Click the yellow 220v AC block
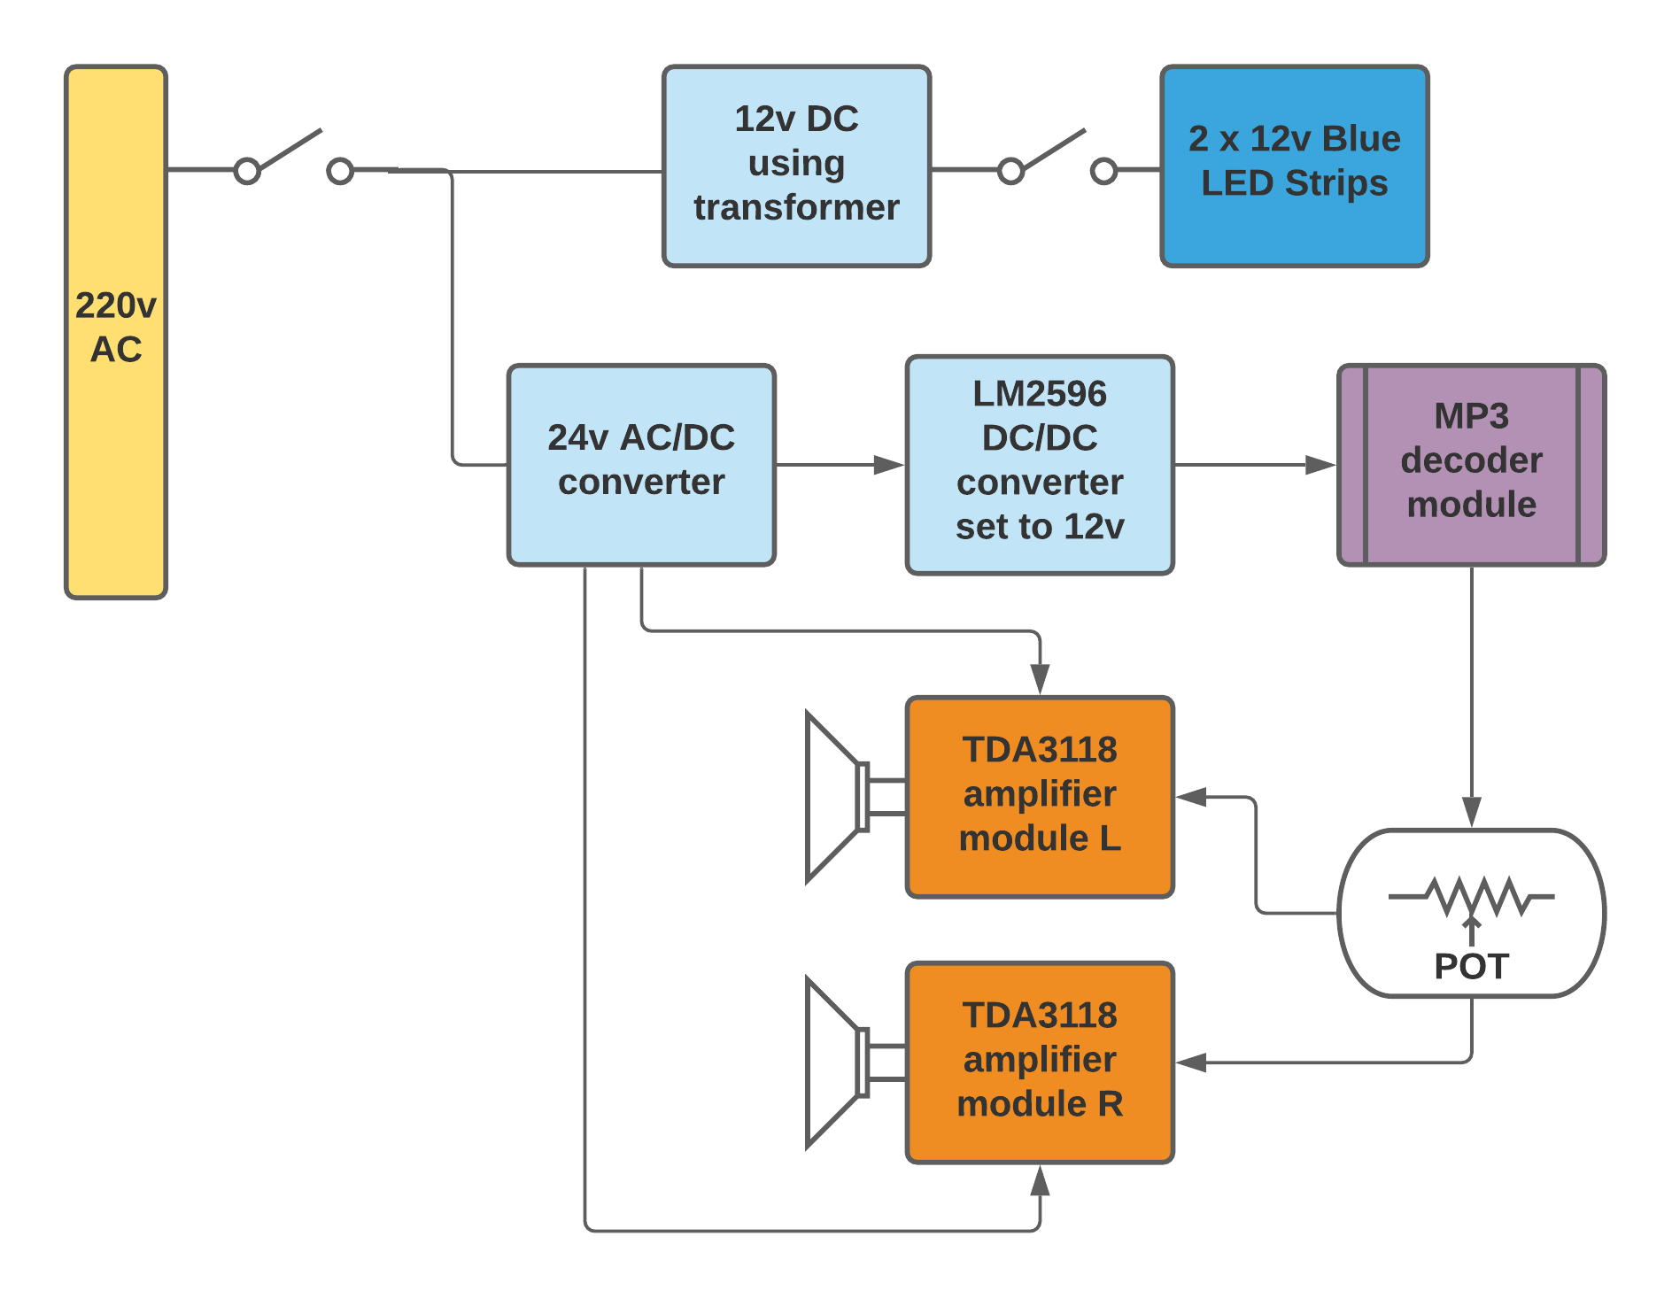[116, 332]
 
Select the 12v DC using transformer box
[796, 166]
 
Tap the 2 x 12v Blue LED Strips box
[1294, 166]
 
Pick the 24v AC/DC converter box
[641, 465]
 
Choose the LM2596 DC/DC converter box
[1040, 465]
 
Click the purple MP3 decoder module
[1471, 465]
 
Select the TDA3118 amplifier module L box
[1040, 797]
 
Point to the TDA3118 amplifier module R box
[1040, 1062]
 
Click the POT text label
[1471, 966]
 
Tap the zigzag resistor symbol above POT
[1471, 897]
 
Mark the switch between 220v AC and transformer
[293, 159]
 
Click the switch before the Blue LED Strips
[1057, 159]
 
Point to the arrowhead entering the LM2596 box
[888, 465]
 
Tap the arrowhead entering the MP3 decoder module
[1320, 465]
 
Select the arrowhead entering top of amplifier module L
[1040, 679]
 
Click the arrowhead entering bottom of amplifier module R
[1040, 1181]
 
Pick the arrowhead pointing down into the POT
[1471, 812]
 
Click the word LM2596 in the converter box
[1040, 394]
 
